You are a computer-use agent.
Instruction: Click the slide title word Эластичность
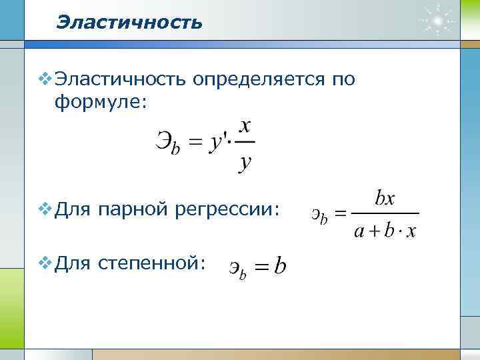pos(129,23)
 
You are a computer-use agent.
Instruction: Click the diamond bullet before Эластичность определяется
pos(44,79)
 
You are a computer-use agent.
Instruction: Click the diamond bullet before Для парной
pos(44,210)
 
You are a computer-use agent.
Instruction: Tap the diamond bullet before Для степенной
pos(44,263)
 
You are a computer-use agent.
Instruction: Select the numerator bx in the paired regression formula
pos(385,198)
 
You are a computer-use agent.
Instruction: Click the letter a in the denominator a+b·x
pos(359,231)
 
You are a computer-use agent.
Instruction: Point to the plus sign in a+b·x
pos(374,231)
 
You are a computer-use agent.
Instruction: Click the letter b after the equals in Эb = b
pos(281,267)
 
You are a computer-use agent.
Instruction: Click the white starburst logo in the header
pos(437,21)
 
